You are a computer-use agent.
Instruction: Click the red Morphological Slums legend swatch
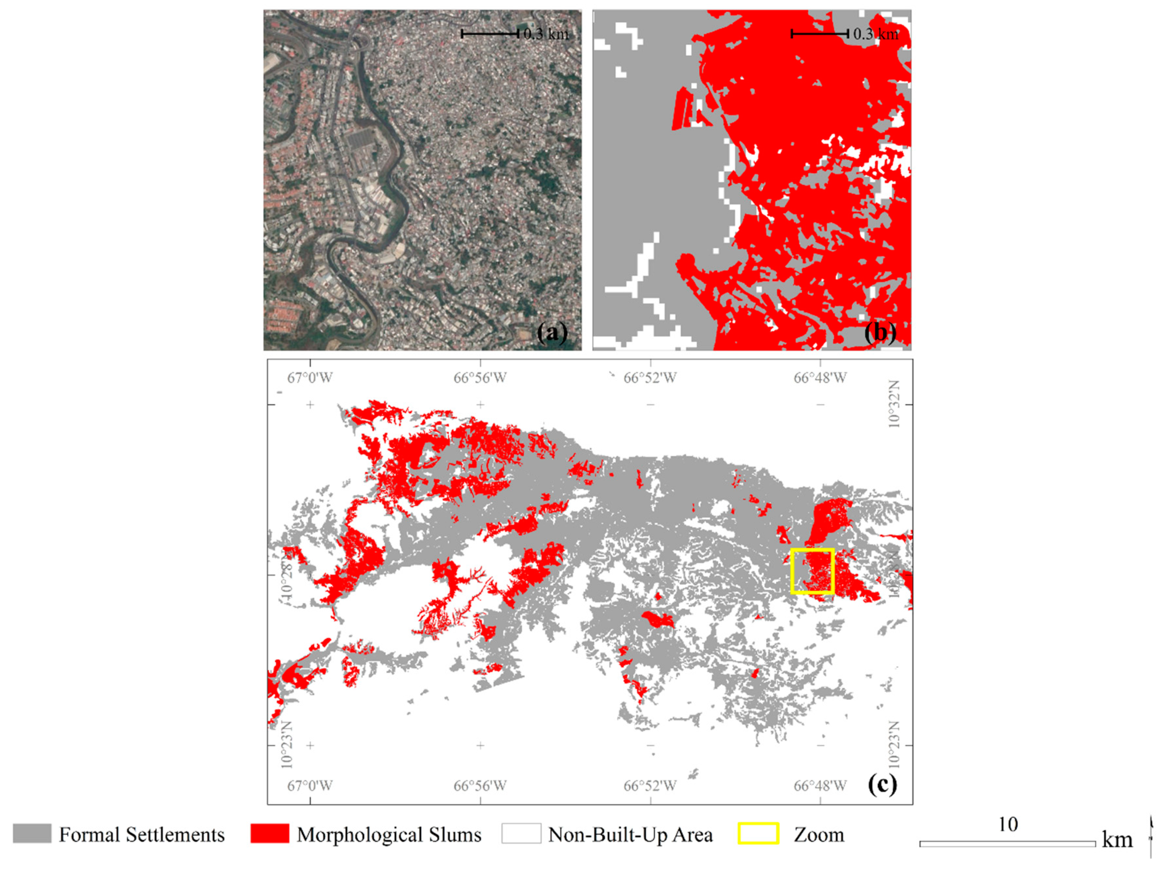[x=269, y=834]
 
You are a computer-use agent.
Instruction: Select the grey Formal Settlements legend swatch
[x=32, y=834]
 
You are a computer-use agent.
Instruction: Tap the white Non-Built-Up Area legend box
[x=521, y=834]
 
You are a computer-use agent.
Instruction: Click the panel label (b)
[x=880, y=333]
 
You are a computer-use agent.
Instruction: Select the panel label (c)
[x=882, y=785]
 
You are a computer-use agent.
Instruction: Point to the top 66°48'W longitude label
[x=820, y=377]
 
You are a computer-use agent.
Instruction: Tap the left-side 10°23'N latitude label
[x=287, y=745]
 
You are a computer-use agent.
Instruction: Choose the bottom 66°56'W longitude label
[x=480, y=786]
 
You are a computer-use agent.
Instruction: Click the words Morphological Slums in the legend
[x=389, y=835]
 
